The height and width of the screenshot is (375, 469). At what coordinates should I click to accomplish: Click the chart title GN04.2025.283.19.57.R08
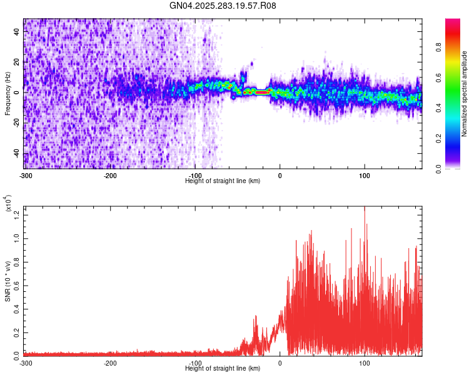tap(223, 6)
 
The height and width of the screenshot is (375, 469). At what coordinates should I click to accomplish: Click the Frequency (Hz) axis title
tap(8, 93)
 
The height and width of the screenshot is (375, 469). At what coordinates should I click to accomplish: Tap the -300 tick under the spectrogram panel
tap(25, 175)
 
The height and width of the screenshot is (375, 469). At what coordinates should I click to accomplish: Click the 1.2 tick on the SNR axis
tap(17, 215)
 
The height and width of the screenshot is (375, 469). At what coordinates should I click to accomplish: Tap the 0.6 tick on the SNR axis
tap(17, 285)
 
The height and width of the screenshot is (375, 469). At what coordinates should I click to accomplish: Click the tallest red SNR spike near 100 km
tap(365, 209)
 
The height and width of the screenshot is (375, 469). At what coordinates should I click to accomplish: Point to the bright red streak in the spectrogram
tap(261, 92)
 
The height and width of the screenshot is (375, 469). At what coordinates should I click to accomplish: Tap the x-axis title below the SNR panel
tap(223, 368)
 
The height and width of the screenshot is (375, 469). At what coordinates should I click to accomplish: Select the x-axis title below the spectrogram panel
tap(223, 181)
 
